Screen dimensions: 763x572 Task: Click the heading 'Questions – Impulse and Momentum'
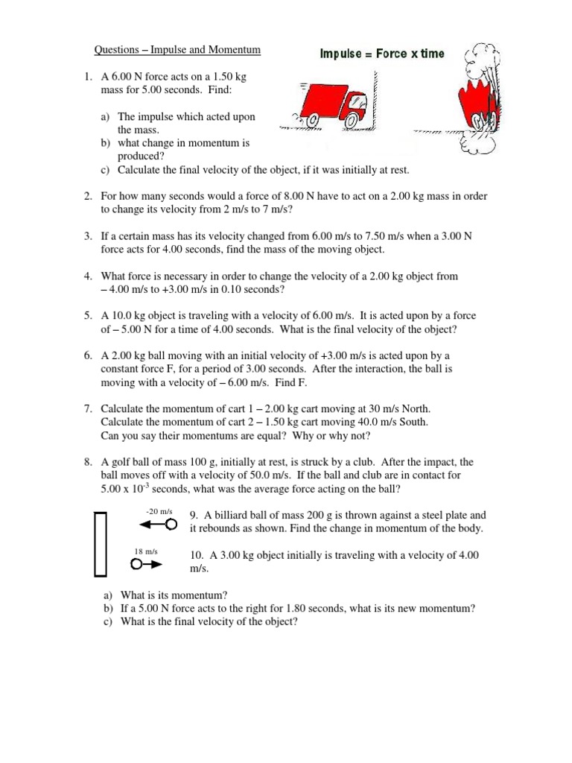(177, 50)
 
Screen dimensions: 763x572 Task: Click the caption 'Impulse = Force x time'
(382, 54)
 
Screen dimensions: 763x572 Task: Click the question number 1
(87, 76)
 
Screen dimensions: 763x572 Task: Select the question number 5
(87, 316)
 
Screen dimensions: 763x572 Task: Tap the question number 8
(87, 462)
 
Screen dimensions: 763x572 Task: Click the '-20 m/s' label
(159, 511)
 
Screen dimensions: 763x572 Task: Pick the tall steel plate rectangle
(101, 544)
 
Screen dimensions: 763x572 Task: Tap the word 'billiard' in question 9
(232, 515)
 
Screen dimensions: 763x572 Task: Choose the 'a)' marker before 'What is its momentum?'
(108, 595)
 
